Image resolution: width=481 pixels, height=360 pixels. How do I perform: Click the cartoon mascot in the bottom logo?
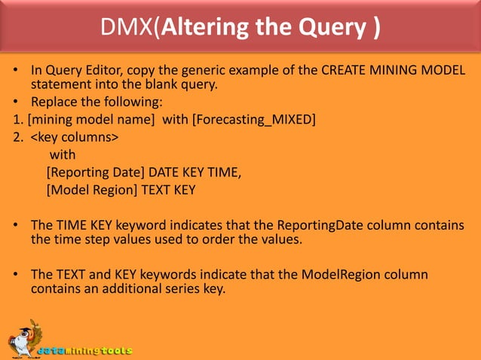23,337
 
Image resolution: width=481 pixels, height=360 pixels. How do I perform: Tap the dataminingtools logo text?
89,350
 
